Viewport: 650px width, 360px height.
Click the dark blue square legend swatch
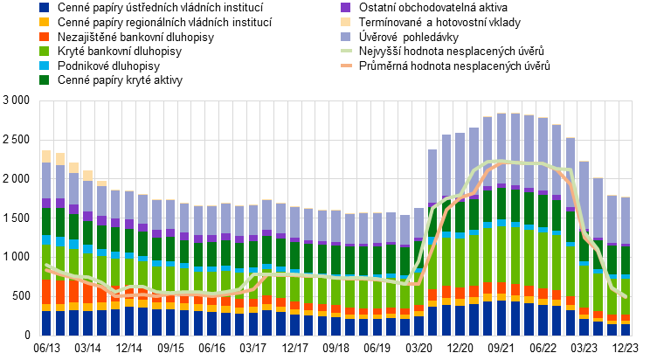click(44, 7)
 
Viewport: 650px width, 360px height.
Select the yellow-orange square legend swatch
click(44, 22)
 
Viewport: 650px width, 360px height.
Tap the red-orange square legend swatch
click(44, 37)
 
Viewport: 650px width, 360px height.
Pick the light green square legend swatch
click(44, 51)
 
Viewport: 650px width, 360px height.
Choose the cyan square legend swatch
click(44, 66)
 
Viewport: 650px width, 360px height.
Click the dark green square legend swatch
click(44, 80)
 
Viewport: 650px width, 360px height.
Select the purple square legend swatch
click(346, 7)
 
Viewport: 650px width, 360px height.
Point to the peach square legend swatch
click(346, 22)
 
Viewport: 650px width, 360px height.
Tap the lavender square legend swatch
click(346, 37)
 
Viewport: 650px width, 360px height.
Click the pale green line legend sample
click(347, 51)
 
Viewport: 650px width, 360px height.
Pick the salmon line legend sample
click(347, 66)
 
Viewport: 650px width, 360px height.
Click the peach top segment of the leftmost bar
click(46, 156)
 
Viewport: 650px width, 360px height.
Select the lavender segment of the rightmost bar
click(626, 220)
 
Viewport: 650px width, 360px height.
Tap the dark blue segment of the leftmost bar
click(46, 323)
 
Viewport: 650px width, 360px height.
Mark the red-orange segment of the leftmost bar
click(46, 291)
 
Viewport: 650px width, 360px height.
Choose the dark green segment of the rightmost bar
click(626, 260)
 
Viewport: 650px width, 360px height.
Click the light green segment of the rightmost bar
click(626, 296)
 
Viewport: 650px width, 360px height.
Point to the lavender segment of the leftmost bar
click(46, 180)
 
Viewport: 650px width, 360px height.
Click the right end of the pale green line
click(626, 297)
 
